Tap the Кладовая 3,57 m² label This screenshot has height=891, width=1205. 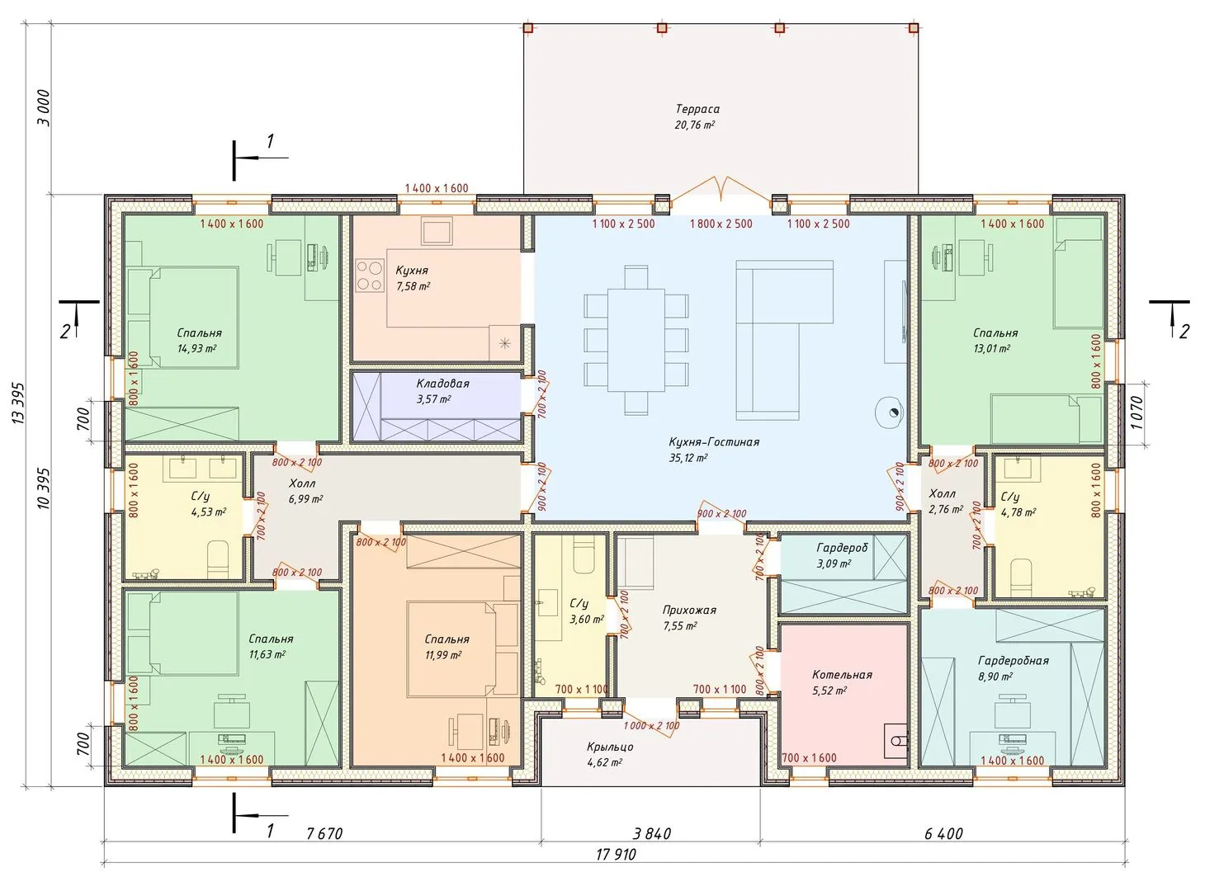pos(442,391)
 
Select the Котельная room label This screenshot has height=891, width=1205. pos(842,675)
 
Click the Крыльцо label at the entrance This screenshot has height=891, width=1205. pos(610,747)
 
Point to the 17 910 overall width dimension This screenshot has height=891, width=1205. pos(616,855)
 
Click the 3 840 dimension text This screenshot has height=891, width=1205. pos(651,833)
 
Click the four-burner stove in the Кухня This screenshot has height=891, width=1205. pos(370,276)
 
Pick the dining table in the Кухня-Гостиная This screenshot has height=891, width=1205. pos(636,340)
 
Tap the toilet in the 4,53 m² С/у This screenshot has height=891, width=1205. pos(219,559)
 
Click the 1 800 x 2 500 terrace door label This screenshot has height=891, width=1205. pos(721,224)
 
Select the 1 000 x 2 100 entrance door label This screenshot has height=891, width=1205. pos(651,726)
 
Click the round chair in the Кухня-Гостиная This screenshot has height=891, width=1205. pos(890,412)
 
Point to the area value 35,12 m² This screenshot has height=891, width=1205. pos(688,457)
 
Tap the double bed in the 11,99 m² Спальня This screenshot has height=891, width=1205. pos(452,649)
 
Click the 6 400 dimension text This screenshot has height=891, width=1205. pos(943,833)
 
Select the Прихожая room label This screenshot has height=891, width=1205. pos(689,610)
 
